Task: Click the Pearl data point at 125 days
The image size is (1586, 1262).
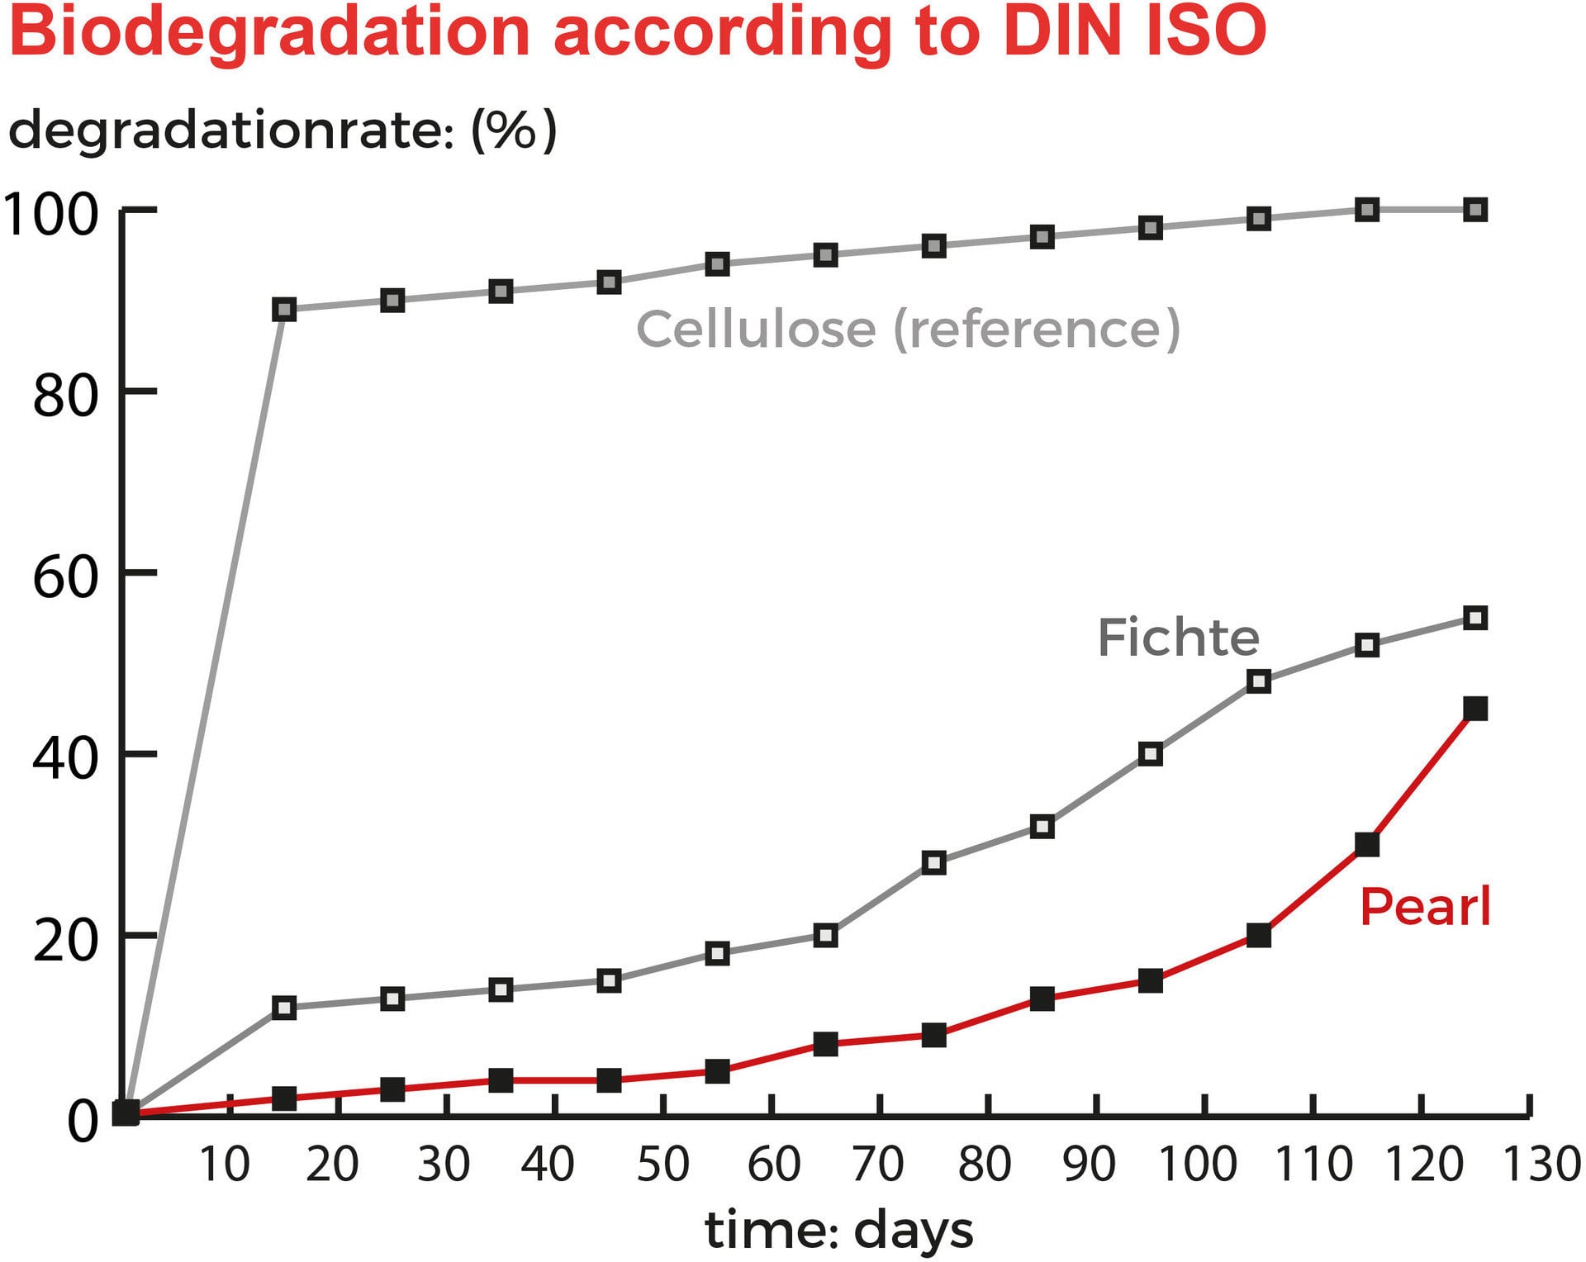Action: (1474, 709)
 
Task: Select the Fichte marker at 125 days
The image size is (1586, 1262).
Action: (1474, 618)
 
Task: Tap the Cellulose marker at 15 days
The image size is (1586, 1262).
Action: (284, 310)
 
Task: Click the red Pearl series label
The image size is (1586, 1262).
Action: (1425, 907)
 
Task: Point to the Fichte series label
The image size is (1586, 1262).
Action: (1178, 638)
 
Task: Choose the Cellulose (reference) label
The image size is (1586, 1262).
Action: (908, 329)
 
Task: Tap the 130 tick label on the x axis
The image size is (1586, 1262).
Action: (1541, 1165)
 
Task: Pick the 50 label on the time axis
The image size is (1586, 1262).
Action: (663, 1165)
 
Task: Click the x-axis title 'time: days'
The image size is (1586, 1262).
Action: (838, 1231)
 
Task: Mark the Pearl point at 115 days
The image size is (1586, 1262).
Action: (1367, 845)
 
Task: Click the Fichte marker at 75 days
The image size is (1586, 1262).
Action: (933, 863)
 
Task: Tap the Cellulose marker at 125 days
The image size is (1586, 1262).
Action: (1474, 210)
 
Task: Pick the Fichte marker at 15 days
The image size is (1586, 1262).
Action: (284, 1008)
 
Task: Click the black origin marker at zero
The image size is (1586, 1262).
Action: (126, 1113)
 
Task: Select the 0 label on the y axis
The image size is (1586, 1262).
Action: (83, 1122)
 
